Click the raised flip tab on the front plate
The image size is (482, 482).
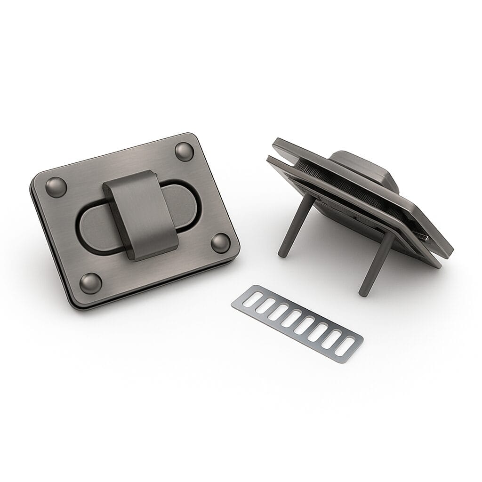click(x=139, y=209)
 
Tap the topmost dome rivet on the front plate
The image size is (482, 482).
click(x=184, y=151)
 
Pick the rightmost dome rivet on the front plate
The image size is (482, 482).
click(x=220, y=242)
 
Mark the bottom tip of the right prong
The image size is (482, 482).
click(x=363, y=293)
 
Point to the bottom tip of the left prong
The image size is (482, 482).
click(x=282, y=254)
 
